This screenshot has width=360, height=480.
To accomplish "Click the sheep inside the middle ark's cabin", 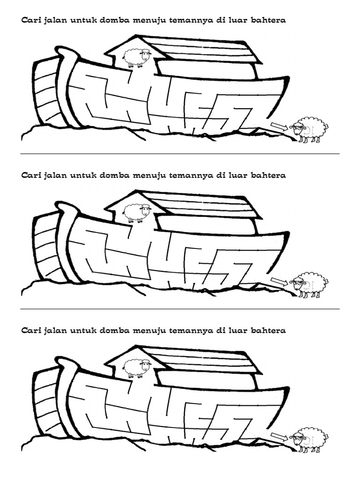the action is tap(137, 213).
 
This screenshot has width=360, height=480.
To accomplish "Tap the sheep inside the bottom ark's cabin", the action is tap(137, 368).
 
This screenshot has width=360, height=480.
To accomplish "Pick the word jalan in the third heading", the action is tap(56, 331).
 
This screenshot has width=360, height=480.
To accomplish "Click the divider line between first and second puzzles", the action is tap(180, 154).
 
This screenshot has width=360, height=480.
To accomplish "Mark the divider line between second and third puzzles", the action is tap(180, 309).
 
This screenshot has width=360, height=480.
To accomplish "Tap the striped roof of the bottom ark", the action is tap(206, 360).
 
